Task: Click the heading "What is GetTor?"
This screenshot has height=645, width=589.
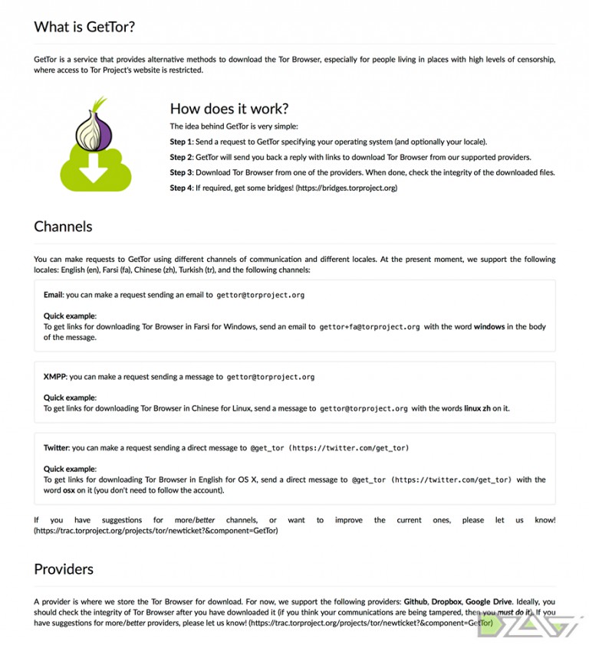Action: pyautogui.click(x=84, y=28)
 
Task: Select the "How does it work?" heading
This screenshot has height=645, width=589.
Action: pyautogui.click(x=229, y=109)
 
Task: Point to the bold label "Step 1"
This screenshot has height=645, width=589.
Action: pyautogui.click(x=181, y=142)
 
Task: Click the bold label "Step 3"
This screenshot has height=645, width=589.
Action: pyautogui.click(x=181, y=172)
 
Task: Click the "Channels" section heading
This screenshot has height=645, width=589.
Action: pyautogui.click(x=63, y=227)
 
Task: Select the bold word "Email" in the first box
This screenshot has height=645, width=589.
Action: pyautogui.click(x=53, y=295)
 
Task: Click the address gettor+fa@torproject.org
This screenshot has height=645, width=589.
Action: pyautogui.click(x=370, y=327)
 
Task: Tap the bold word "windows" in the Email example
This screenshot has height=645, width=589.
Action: pyautogui.click(x=489, y=327)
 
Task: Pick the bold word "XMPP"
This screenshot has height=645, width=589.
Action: pyautogui.click(x=55, y=377)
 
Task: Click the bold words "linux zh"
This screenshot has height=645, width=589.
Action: pyautogui.click(x=478, y=408)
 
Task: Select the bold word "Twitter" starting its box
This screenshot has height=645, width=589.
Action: pyautogui.click(x=57, y=447)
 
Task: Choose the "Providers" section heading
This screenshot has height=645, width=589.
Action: pyautogui.click(x=64, y=569)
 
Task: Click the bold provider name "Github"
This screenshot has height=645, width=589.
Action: pyautogui.click(x=418, y=602)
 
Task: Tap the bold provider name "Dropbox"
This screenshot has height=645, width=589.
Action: pyautogui.click(x=456, y=602)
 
